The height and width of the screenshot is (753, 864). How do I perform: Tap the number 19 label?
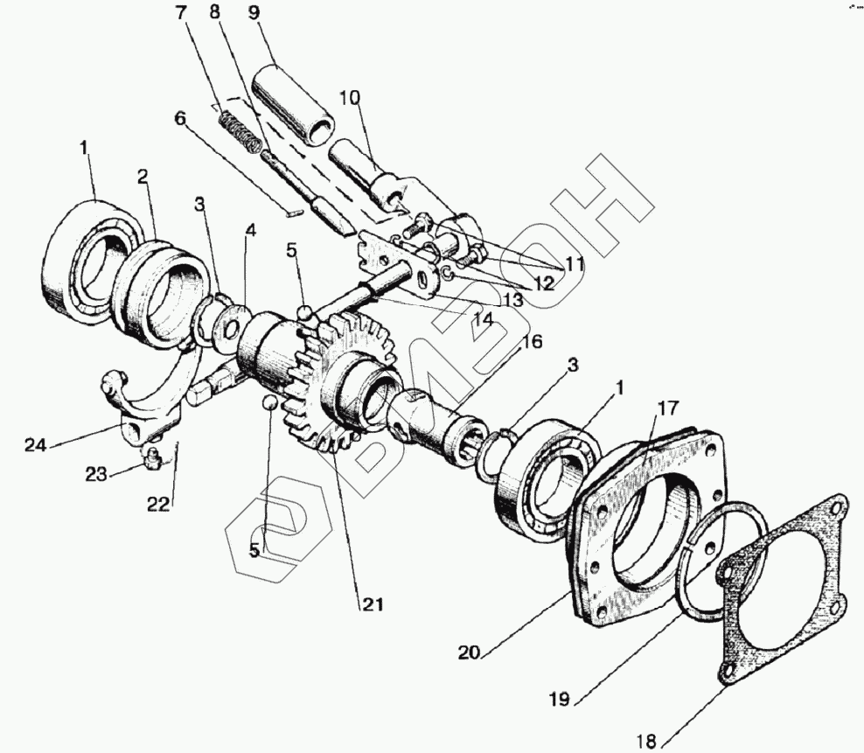tap(561, 700)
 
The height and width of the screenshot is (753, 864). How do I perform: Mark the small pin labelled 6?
tap(296, 209)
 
